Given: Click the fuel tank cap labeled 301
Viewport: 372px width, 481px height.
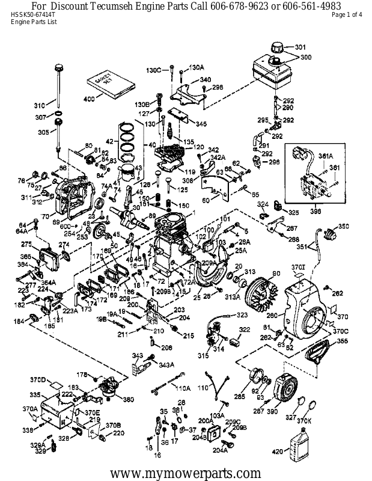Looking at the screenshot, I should tap(280, 47).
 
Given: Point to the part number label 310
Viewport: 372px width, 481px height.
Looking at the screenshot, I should tap(39, 103).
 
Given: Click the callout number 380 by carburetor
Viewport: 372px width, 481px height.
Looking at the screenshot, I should tap(128, 399).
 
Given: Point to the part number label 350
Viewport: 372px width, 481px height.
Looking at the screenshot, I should tap(343, 226).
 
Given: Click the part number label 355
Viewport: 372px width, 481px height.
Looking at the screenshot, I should tap(342, 342).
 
